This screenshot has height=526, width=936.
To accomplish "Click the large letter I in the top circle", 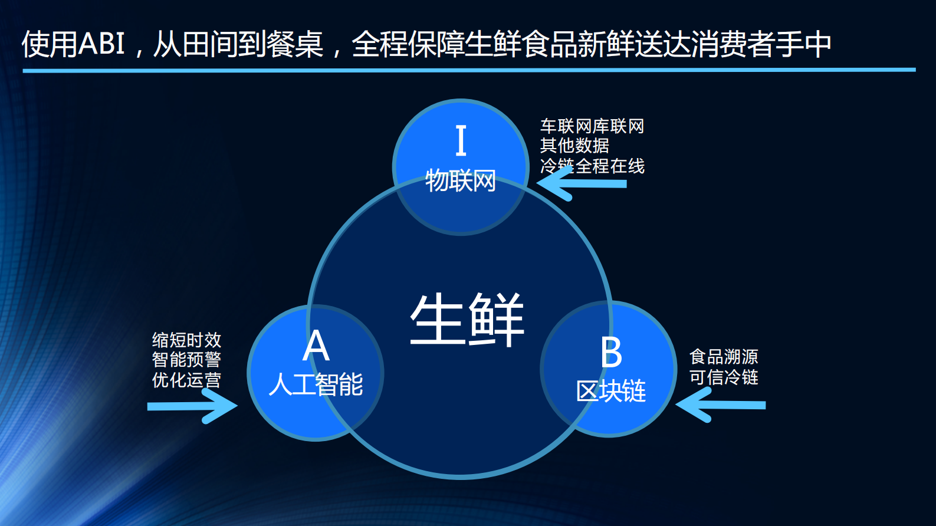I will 461,140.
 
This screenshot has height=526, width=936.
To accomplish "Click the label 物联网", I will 461,180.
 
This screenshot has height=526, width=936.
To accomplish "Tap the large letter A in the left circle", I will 316,346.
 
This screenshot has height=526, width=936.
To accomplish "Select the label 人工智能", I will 316,384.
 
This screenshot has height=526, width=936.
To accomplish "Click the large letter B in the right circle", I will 611,353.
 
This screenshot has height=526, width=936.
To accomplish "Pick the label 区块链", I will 611,391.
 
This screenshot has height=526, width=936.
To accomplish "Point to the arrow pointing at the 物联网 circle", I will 581,184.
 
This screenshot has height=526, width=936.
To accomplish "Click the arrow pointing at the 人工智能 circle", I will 192,406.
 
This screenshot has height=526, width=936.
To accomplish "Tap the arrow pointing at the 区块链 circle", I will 721,405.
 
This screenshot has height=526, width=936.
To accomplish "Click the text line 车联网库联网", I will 592,126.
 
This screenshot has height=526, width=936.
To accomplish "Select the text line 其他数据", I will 574,146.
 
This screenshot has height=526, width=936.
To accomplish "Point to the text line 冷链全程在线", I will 592,166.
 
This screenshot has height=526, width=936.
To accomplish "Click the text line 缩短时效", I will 186,340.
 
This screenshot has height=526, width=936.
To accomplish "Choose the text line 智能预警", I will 186,359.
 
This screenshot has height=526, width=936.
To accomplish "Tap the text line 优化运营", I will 186,379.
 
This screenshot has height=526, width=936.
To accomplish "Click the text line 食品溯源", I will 724,357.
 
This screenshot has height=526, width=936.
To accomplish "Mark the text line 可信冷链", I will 724,377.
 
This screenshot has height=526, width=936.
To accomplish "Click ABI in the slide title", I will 101,44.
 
